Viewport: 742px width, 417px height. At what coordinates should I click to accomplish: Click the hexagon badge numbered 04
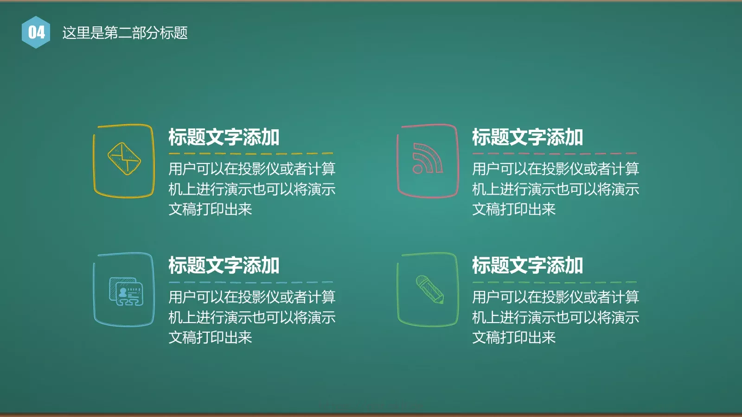[36, 32]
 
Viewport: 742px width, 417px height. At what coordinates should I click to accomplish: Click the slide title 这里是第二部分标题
[125, 33]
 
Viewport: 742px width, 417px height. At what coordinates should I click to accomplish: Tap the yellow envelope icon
[124, 159]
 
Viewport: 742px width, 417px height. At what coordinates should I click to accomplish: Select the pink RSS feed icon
[427, 159]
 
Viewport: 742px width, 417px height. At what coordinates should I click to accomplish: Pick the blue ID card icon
[126, 291]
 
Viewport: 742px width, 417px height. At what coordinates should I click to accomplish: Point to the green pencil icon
[429, 290]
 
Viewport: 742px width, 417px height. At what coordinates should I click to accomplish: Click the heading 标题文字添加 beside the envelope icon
[224, 138]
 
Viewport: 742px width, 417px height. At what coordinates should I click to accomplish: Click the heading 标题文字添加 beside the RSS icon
[527, 138]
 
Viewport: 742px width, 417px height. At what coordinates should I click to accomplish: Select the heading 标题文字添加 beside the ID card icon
[224, 265]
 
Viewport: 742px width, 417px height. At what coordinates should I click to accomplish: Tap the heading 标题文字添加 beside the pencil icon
[527, 265]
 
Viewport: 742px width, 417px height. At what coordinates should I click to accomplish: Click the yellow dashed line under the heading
[251, 153]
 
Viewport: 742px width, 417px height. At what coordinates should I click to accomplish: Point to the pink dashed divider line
[555, 153]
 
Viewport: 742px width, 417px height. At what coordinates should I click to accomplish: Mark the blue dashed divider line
[251, 282]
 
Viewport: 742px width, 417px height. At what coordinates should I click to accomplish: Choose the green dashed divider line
[555, 282]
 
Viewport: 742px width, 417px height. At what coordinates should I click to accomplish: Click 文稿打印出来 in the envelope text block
[210, 209]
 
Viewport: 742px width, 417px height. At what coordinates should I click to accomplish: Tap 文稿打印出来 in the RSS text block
[514, 209]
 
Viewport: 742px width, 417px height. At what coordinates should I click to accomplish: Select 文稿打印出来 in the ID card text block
[210, 337]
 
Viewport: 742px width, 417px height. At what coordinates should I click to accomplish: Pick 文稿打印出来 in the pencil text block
[514, 337]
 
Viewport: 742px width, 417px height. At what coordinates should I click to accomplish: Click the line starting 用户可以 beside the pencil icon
[556, 297]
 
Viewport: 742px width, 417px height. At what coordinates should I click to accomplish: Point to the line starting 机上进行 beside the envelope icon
[252, 189]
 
